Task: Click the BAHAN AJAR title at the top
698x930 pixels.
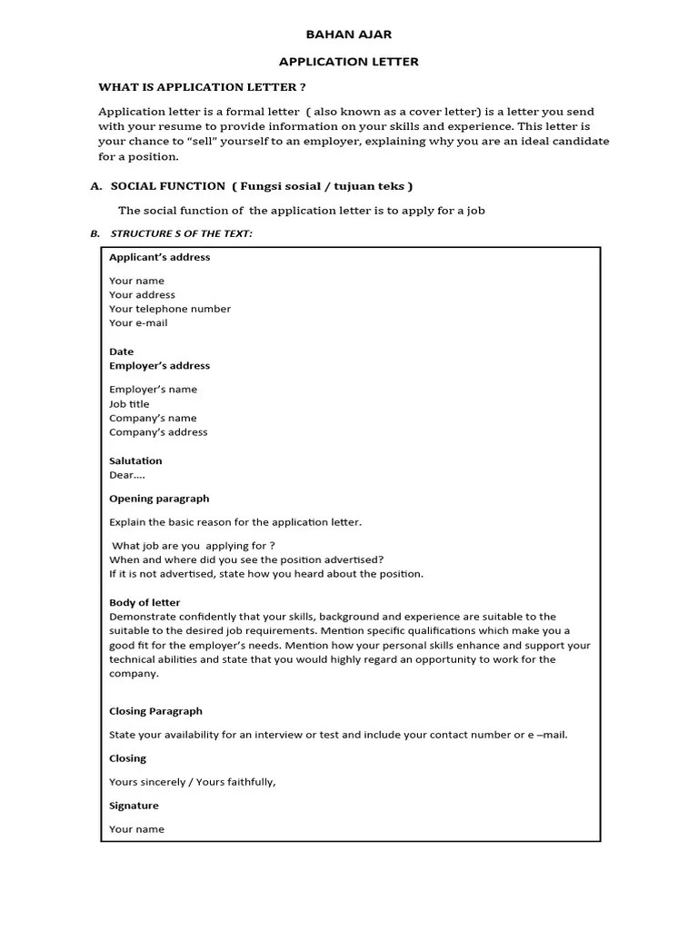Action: (348, 35)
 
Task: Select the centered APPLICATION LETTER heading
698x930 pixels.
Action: (348, 62)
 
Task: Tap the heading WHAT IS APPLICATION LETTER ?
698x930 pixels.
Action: (202, 87)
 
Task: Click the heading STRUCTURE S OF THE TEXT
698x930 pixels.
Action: (181, 234)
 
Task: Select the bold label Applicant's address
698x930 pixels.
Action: (159, 257)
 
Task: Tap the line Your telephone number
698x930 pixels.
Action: (170, 309)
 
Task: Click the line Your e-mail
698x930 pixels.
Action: (138, 323)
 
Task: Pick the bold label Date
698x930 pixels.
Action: (121, 351)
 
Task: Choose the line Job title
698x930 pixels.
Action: (129, 404)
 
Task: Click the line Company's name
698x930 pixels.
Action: (153, 419)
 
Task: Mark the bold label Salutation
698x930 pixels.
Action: (135, 461)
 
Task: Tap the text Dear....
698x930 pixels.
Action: (126, 475)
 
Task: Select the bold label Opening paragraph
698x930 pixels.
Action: (159, 499)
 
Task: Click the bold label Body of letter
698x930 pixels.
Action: (145, 603)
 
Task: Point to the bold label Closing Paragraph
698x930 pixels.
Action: (155, 712)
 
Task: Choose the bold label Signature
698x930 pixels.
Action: (134, 806)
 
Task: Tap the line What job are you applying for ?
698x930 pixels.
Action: (193, 546)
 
